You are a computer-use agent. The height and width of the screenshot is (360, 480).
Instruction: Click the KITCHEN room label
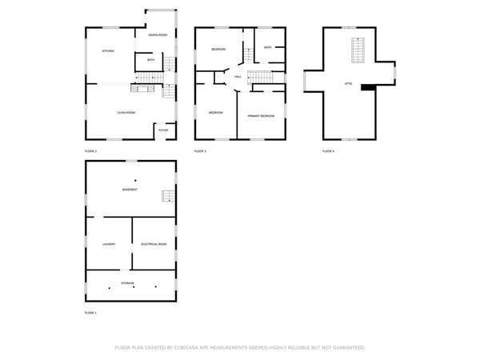tap(107, 51)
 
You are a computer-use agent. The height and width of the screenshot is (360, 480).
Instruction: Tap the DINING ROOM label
tap(158, 35)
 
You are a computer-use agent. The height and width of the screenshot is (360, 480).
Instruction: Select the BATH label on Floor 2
tap(150, 60)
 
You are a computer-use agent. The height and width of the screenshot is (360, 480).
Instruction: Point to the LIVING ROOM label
tap(126, 113)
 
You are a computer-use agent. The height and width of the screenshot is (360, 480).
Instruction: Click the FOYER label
tap(162, 130)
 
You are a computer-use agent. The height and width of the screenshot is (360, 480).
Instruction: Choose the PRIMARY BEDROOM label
tap(261, 116)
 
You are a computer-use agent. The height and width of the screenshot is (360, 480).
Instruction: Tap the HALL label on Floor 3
tap(238, 77)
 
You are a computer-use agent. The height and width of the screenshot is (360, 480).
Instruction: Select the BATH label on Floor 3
tap(268, 48)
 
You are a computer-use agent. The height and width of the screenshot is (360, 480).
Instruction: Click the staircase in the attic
tap(359, 52)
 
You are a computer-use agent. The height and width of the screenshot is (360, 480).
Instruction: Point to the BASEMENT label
tap(130, 190)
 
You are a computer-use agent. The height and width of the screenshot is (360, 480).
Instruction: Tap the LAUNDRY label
tap(109, 244)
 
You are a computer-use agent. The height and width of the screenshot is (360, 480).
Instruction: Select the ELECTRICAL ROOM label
tap(154, 244)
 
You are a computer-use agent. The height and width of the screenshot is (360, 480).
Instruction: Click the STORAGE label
tap(128, 283)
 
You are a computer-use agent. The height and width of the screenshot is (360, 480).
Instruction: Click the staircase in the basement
tap(167, 197)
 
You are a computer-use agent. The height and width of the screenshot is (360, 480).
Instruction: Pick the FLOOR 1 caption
tap(90, 313)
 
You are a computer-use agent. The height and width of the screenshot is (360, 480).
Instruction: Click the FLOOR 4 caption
tap(328, 150)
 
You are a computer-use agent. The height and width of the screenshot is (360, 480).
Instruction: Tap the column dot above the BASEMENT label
tap(135, 179)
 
